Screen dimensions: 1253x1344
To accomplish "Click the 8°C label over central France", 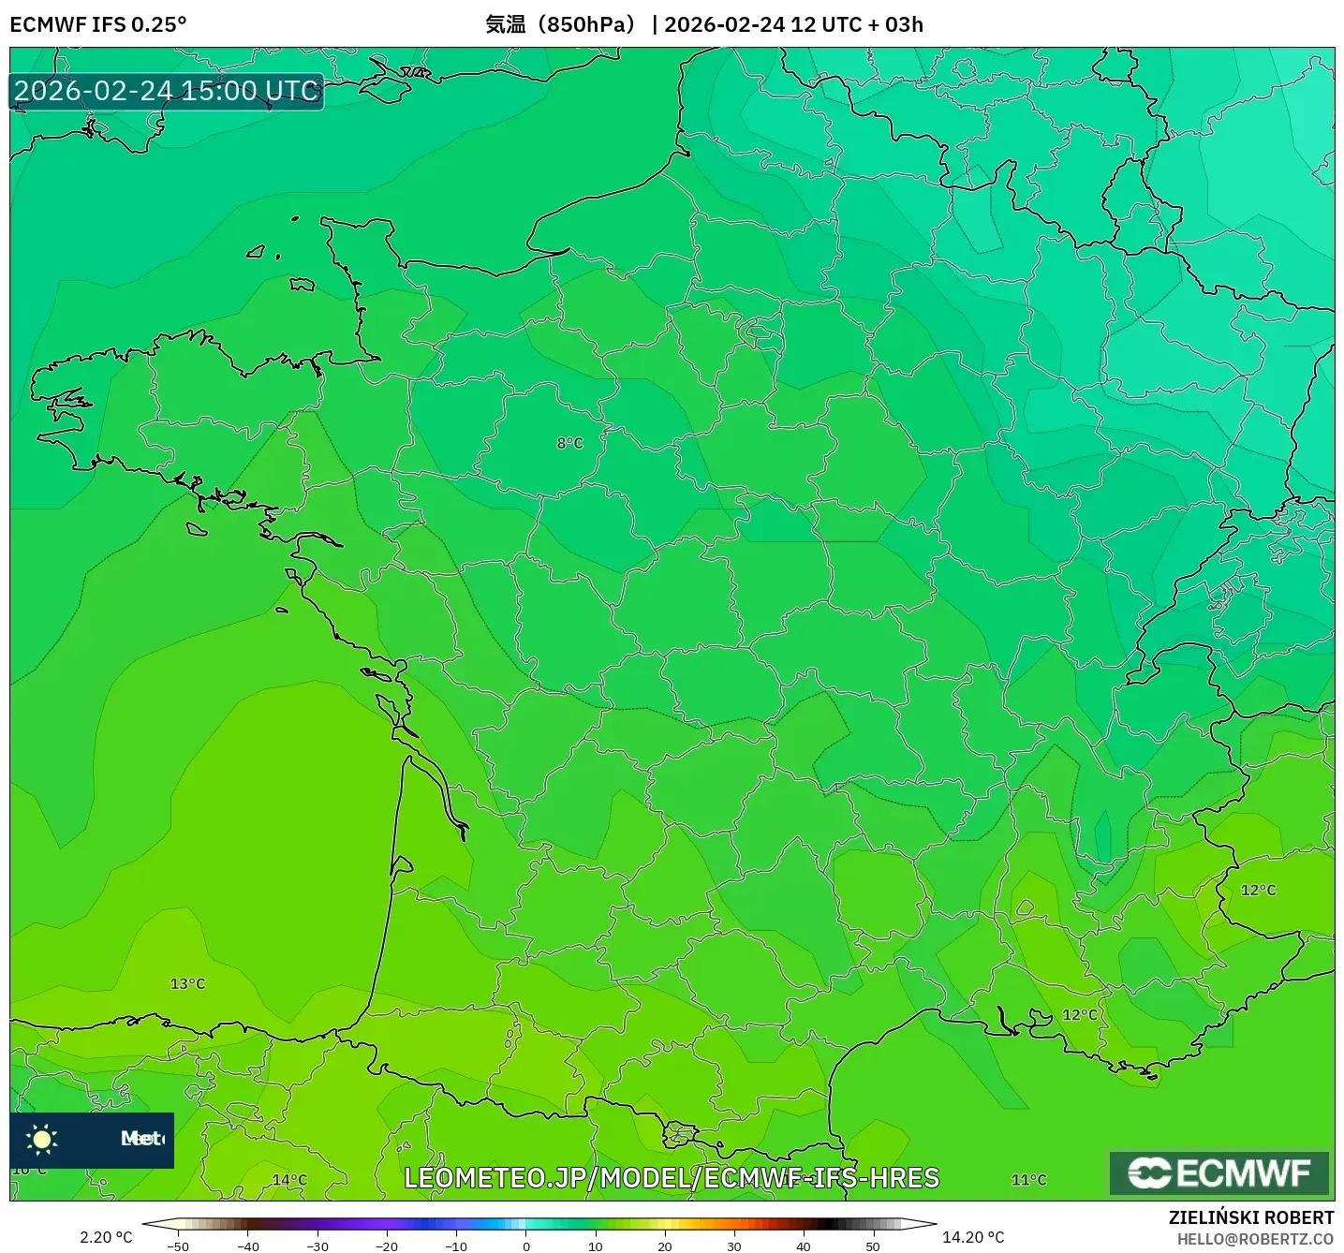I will [569, 443].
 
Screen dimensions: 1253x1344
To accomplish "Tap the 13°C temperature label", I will [187, 984].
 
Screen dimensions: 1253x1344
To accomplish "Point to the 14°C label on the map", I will [289, 1180].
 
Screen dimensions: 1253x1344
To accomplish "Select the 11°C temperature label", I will [1028, 1180].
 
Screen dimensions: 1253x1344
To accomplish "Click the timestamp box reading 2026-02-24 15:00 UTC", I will [167, 91].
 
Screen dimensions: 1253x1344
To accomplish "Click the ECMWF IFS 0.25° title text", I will [98, 24].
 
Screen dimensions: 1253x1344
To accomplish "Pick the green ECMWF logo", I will [1219, 1173].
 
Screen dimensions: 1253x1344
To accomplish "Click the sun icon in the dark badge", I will [42, 1139].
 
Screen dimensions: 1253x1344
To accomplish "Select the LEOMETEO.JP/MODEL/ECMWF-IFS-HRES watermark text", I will [671, 1178].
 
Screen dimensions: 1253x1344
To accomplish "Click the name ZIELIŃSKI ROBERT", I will [1251, 1217].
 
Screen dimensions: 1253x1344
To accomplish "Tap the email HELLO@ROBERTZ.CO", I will [1255, 1239].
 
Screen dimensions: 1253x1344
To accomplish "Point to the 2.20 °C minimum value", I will [106, 1237].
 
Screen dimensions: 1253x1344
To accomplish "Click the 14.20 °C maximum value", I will [973, 1237].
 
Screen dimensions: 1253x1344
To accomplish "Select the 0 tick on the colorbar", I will [526, 1246].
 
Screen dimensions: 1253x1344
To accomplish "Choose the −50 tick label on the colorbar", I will [177, 1246].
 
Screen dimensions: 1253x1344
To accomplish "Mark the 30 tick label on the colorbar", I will [734, 1246].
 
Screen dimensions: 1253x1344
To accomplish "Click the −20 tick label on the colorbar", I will [386, 1246].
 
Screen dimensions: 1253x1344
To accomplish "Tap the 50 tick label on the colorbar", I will [873, 1246].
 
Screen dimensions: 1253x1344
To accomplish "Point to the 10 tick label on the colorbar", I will [596, 1246].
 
